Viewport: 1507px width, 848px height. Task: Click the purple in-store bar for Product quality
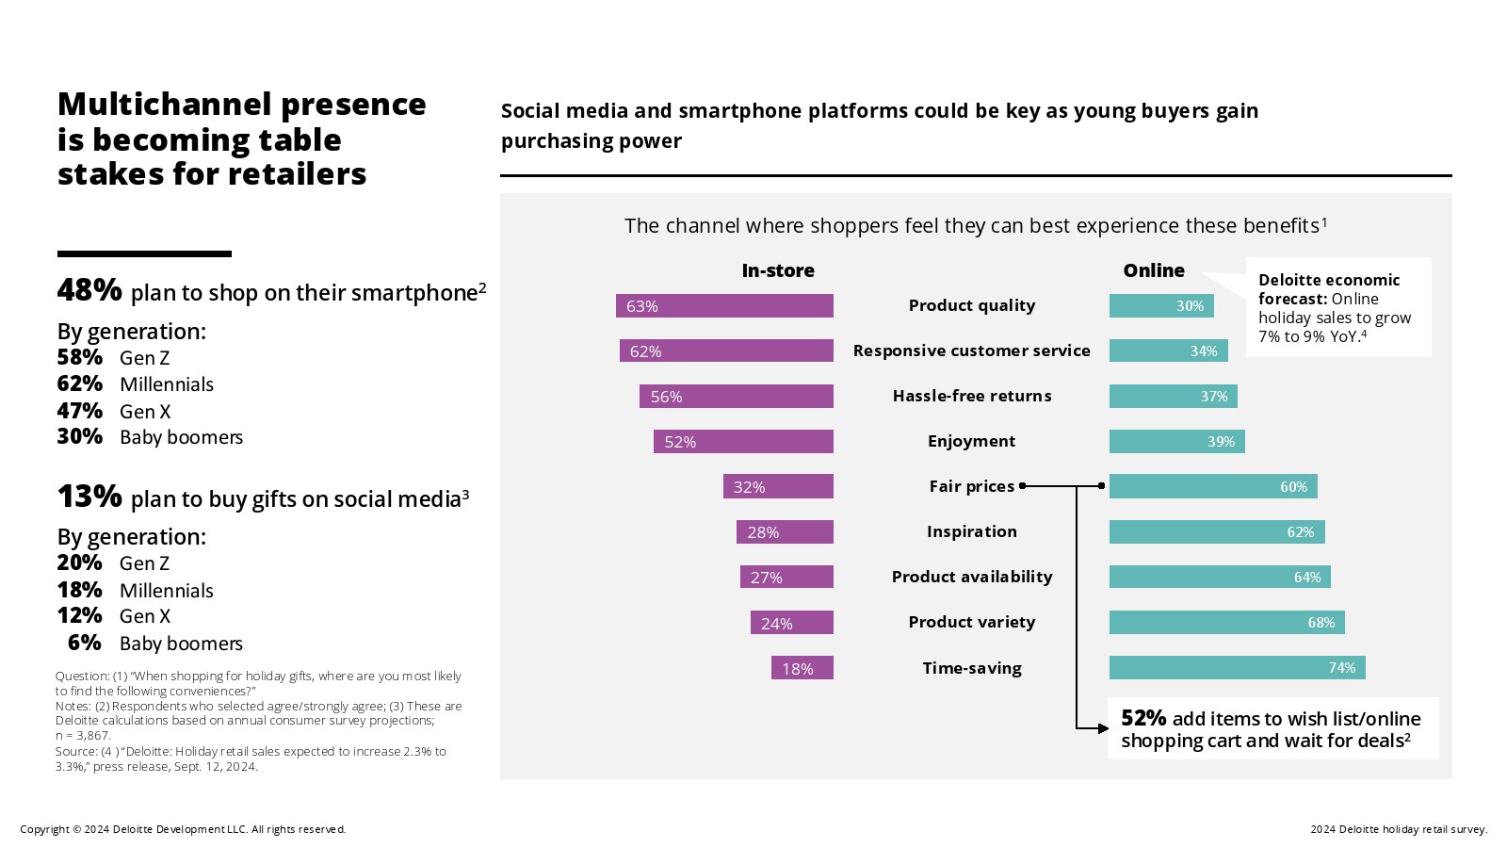click(x=724, y=306)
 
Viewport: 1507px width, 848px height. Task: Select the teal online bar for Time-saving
click(x=1237, y=668)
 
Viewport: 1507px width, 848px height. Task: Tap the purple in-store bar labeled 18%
click(x=802, y=668)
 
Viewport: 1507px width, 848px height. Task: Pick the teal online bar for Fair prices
click(x=1213, y=486)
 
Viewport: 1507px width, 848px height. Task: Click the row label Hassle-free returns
click(x=972, y=396)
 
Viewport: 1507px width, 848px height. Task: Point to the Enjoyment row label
click(x=971, y=441)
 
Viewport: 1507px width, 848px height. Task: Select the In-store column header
click(x=778, y=270)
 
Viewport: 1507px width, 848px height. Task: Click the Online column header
click(x=1154, y=270)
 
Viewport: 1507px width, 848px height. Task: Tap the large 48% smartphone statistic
click(x=89, y=290)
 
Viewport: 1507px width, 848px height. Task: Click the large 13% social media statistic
click(x=89, y=497)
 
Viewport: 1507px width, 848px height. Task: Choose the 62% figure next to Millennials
click(x=80, y=384)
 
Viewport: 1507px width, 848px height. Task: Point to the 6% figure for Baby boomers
click(x=85, y=643)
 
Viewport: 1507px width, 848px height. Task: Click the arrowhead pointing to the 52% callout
click(x=1104, y=727)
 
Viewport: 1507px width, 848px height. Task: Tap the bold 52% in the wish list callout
click(x=1143, y=718)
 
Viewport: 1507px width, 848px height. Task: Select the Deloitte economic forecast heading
click(x=1328, y=288)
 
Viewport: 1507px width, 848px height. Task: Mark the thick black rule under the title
click(x=144, y=253)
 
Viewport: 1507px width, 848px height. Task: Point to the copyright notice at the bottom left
click(x=183, y=829)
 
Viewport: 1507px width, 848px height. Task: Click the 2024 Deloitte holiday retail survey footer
click(x=1398, y=829)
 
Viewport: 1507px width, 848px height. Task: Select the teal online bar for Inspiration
click(x=1217, y=532)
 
